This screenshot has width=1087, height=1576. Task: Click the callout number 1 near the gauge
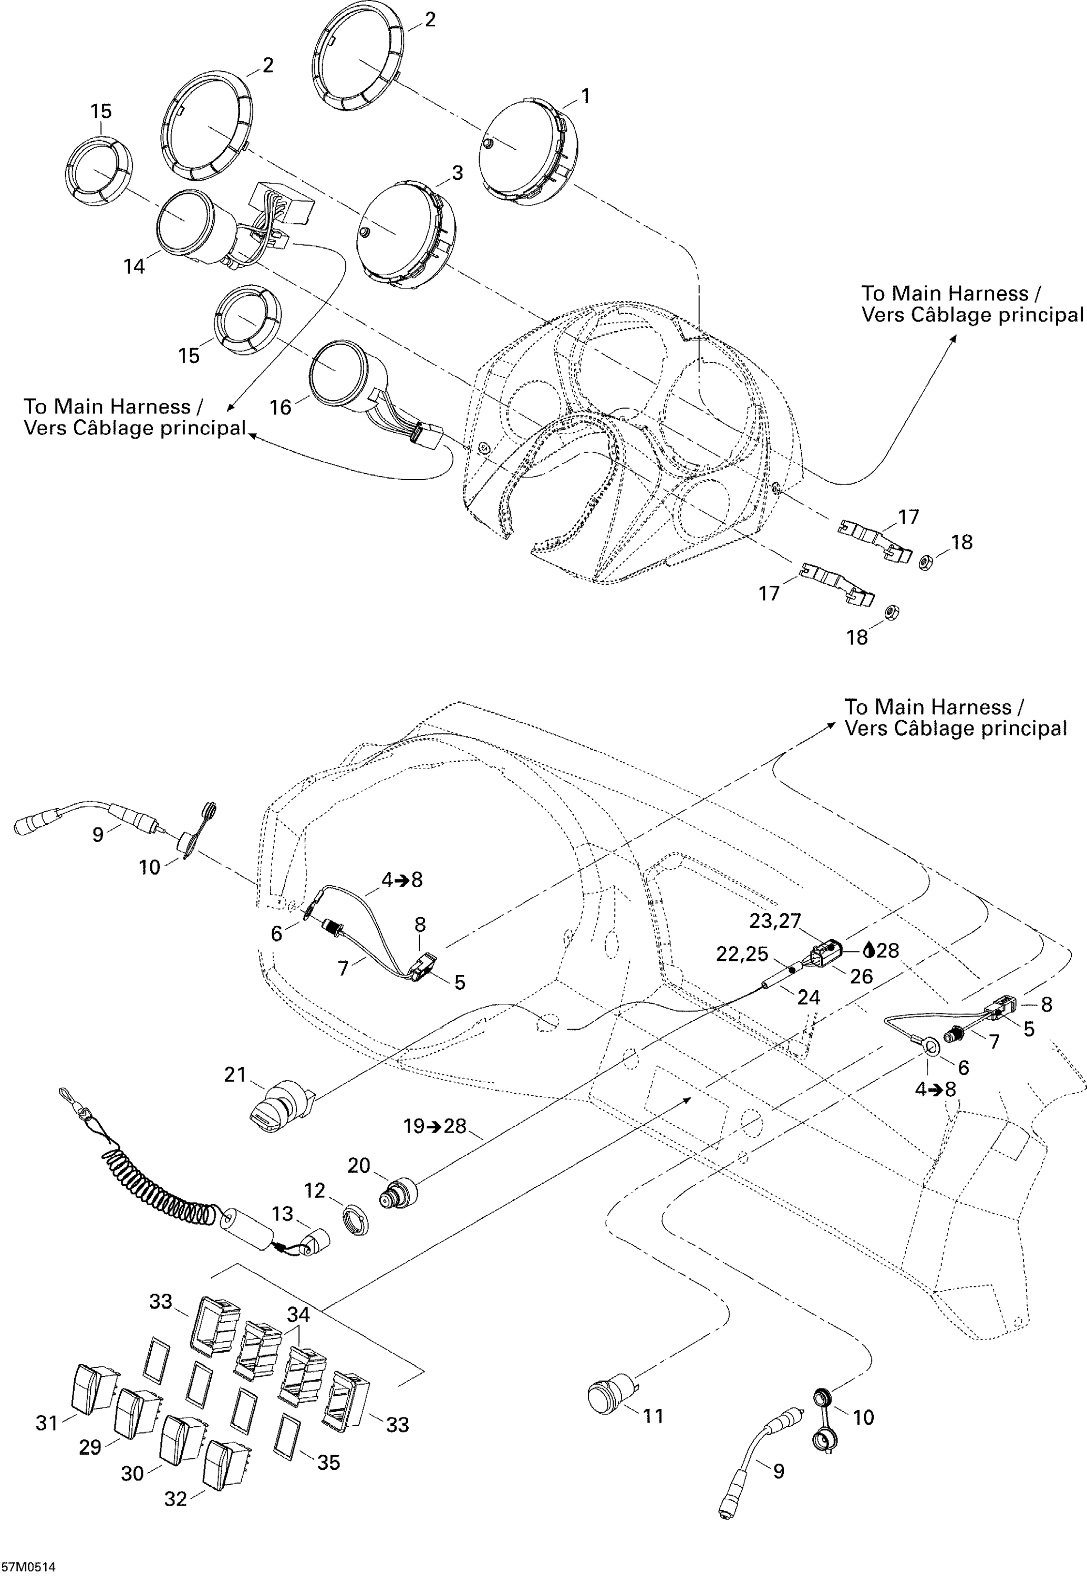point(585,96)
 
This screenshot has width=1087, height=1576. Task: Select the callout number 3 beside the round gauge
point(457,173)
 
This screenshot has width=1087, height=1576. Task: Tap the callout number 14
point(134,266)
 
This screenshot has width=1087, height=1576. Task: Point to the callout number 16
point(281,407)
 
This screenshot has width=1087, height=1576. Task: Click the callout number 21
point(235,1074)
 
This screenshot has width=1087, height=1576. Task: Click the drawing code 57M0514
point(28,1568)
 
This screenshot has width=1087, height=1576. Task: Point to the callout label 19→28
point(434,1126)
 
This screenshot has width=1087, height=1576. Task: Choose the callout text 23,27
point(775,921)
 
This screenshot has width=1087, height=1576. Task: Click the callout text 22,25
point(742,954)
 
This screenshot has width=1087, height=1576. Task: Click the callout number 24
point(809,997)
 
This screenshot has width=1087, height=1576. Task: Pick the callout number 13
point(282,1214)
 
